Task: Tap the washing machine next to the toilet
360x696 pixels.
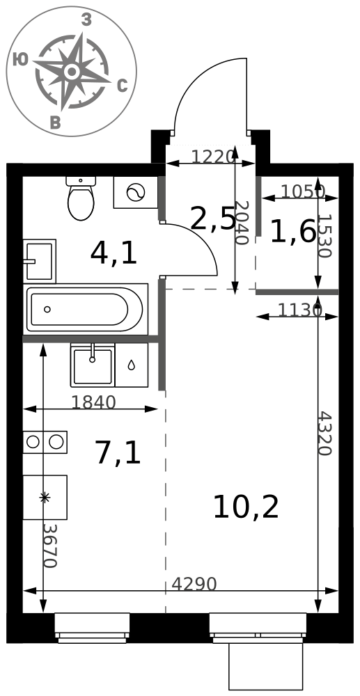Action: click(136, 192)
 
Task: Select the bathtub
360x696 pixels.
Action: click(85, 309)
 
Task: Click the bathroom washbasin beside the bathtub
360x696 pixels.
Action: click(39, 261)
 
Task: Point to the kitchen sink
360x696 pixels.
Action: click(93, 365)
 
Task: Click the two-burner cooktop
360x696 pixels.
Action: click(45, 442)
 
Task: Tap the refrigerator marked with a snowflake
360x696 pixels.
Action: click(45, 497)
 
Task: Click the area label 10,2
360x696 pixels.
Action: click(246, 507)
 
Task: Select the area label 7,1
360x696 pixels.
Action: click(118, 454)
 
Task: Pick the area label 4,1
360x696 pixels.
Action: click(114, 254)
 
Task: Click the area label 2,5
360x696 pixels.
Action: click(212, 219)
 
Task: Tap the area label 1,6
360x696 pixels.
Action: click(293, 232)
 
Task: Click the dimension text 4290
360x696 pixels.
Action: click(194, 584)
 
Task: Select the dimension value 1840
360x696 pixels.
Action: click(93, 402)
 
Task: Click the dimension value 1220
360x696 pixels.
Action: click(212, 157)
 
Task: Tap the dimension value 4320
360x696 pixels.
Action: click(324, 433)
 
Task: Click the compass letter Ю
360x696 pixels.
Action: click(21, 59)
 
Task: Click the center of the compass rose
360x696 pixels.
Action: click(72, 71)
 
